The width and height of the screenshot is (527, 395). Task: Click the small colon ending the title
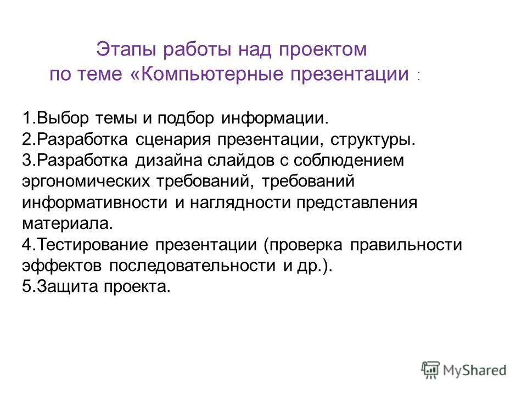(x=418, y=77)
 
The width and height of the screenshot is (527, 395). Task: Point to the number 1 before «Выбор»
(x=27, y=118)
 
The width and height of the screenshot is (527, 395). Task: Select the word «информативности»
(x=95, y=202)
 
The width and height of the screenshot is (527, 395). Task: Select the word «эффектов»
(x=62, y=265)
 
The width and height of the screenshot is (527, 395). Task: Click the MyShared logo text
(x=475, y=370)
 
